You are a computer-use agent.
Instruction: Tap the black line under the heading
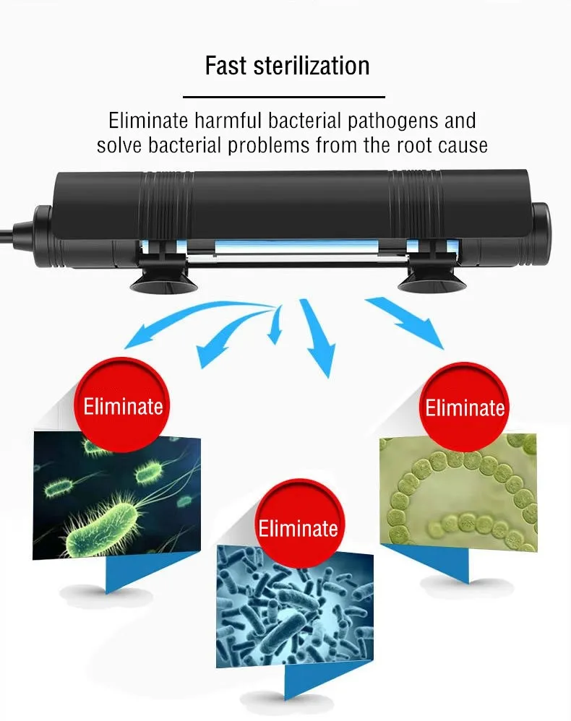pyautogui.click(x=283, y=96)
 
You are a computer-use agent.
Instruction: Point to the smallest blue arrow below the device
pyautogui.click(x=275, y=327)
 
